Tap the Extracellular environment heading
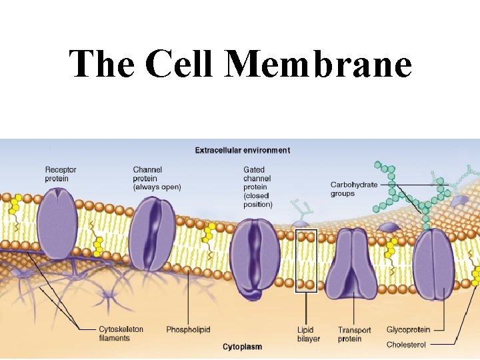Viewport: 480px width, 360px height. pos(242,150)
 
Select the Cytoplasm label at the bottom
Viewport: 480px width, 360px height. pos(242,347)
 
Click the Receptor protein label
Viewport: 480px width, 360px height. pos(61,174)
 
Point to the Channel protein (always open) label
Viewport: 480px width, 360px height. pos(156,179)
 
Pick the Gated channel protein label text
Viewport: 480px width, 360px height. pos(258,187)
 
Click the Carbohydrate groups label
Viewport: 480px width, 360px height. pos(353,189)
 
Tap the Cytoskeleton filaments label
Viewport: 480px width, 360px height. pos(121,333)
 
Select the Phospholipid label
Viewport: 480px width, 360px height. pos(189,330)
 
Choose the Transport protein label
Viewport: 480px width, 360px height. pos(354,335)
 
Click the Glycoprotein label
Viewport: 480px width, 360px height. pos(408,329)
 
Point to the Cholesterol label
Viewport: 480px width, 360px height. pos(406,345)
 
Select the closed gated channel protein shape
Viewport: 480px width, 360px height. pos(255,256)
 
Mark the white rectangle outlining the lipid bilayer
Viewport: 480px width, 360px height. pos(306,260)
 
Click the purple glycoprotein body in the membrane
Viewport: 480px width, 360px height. pos(433,263)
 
